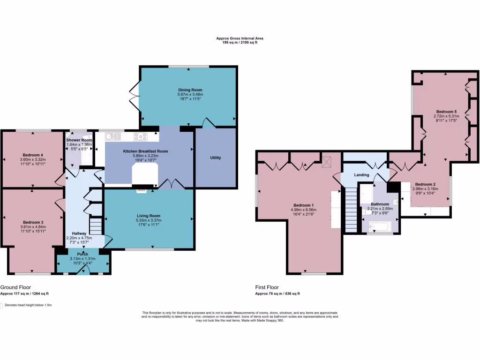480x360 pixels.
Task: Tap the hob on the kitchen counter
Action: coord(141,137)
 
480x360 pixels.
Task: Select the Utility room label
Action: coord(216,157)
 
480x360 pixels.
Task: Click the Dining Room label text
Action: coord(189,90)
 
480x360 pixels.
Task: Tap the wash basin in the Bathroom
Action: coord(395,202)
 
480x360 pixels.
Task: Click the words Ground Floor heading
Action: coord(15,287)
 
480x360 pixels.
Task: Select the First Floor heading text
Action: coord(267,287)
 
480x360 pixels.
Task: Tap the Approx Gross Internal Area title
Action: coord(237,38)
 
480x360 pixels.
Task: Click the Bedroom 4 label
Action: coord(33,155)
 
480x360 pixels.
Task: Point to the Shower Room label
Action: coord(79,140)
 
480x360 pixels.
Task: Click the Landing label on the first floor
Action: coord(361,175)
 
